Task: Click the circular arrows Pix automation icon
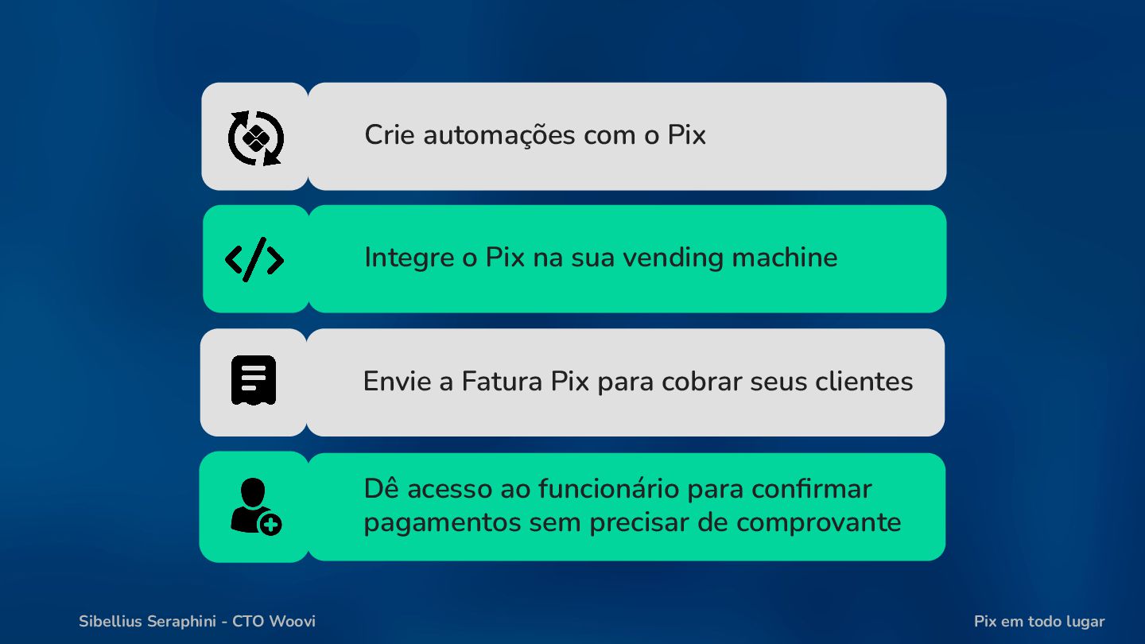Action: click(x=255, y=138)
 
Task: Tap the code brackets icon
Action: click(x=254, y=259)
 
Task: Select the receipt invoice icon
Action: click(x=254, y=380)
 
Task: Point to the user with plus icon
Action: click(x=255, y=506)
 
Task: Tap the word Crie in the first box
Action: click(x=390, y=135)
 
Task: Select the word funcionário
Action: click(x=607, y=488)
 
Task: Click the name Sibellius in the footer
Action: click(x=111, y=622)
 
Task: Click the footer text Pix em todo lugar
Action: click(x=1039, y=622)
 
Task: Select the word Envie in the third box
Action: click(x=396, y=382)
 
